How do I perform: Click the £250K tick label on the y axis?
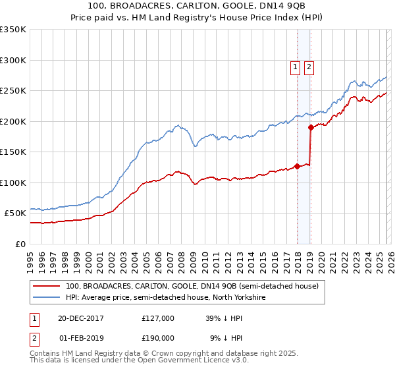tap(13, 91)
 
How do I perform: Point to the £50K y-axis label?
tap(15, 213)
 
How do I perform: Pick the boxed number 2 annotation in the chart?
tap(309, 66)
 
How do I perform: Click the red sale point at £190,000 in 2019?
tap(310, 128)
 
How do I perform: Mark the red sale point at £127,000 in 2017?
tap(297, 166)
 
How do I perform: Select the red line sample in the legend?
tap(46, 286)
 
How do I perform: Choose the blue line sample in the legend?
tap(46, 297)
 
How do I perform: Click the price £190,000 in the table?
tap(157, 337)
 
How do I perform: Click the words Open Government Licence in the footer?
tap(186, 362)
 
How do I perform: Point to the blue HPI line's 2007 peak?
tap(177, 125)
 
